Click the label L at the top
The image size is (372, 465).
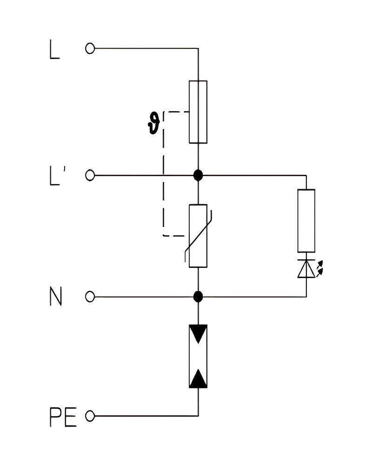tap(54, 49)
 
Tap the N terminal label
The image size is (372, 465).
tap(55, 296)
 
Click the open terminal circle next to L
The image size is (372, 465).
tap(90, 48)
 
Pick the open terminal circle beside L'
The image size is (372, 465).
tap(90, 175)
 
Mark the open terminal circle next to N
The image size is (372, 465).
tap(90, 296)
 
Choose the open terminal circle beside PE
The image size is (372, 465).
tap(90, 415)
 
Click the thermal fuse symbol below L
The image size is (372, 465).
tap(198, 112)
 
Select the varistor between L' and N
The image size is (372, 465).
tap(198, 236)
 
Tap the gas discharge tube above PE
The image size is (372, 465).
tap(198, 356)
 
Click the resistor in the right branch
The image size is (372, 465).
tap(306, 220)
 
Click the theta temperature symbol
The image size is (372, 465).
tap(153, 123)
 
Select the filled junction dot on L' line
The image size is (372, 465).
tap(198, 175)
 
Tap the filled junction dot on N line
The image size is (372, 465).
tap(198, 296)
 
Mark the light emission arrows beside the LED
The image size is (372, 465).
tap(320, 269)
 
